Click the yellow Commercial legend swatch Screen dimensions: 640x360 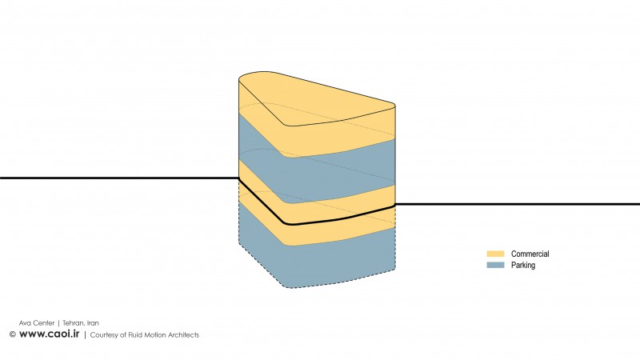coord(495,254)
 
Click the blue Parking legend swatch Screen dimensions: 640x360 coord(495,265)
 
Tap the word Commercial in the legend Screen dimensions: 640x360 coord(530,254)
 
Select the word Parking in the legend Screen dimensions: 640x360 coord(523,266)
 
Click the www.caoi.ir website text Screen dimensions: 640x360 coord(49,334)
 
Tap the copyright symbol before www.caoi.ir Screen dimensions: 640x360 coord(13,334)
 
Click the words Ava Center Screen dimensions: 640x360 coord(37,323)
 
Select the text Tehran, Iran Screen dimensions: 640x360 coord(81,323)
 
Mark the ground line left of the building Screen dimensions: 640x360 coord(119,178)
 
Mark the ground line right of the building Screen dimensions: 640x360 coord(518,204)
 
